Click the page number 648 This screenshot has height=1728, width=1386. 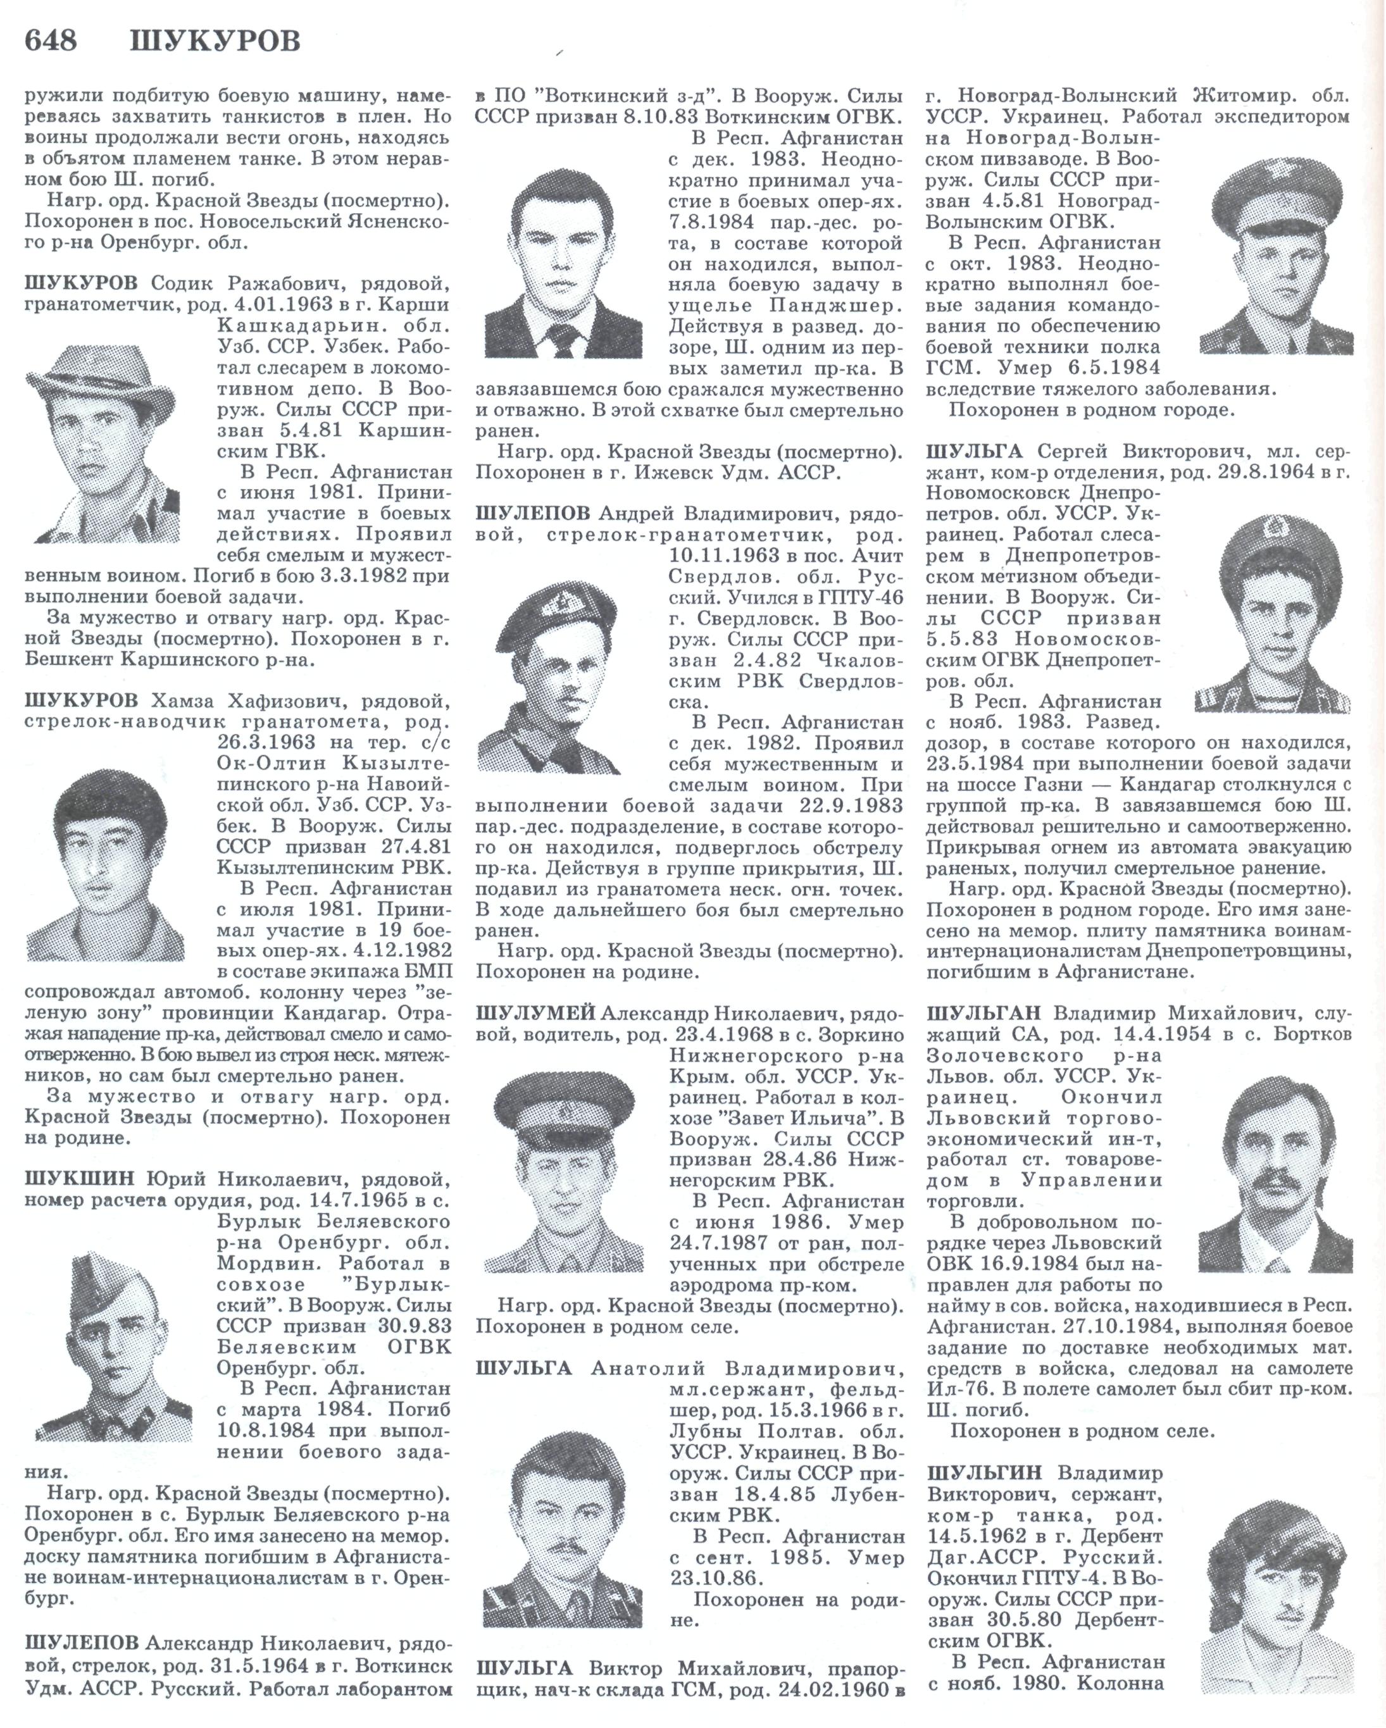(x=51, y=39)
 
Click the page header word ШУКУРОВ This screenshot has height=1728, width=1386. (x=215, y=40)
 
